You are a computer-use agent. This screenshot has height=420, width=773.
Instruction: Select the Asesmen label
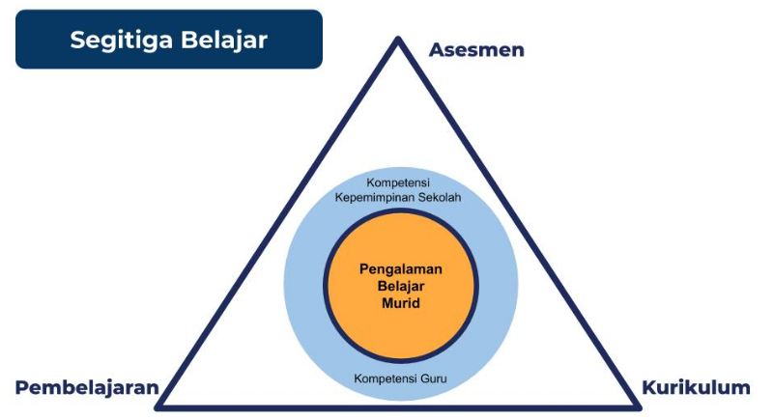(x=476, y=49)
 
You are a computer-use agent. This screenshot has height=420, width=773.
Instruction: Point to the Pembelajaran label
(x=86, y=388)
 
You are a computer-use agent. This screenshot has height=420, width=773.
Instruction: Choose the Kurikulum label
(x=696, y=388)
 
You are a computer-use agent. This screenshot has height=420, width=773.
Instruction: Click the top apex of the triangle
(x=397, y=40)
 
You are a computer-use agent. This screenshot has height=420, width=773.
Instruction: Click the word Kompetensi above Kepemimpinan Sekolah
(x=398, y=182)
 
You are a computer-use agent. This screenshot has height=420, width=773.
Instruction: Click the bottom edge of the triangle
(x=397, y=406)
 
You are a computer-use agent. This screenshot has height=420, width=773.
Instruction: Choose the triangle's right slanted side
(x=515, y=222)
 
